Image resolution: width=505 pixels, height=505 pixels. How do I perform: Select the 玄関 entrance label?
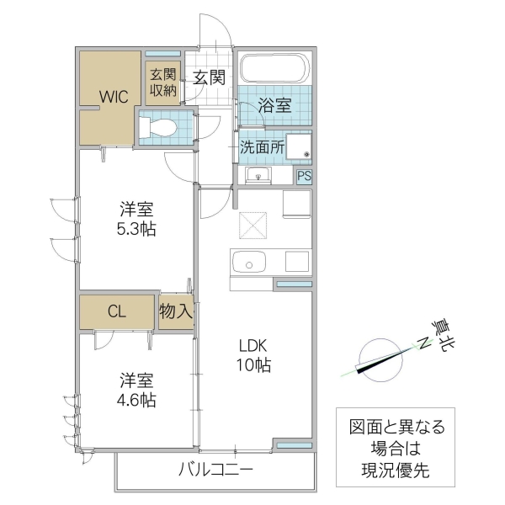coord(209,78)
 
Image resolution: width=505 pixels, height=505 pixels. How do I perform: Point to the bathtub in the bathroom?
coord(275,68)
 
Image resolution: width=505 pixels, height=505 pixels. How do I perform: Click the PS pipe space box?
coord(304,176)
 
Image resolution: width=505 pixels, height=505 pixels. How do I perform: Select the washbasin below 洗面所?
coord(257,175)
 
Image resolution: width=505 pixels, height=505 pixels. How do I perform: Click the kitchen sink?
coord(250,263)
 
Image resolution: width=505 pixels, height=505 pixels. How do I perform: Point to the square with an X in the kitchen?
coord(252,226)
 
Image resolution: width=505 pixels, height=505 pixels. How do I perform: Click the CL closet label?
coord(117,311)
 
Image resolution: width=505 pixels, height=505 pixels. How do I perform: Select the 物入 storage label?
coord(177,311)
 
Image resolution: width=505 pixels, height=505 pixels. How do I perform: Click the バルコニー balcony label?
coord(215,469)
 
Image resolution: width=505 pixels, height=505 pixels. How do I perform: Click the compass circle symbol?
coord(376,359)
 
